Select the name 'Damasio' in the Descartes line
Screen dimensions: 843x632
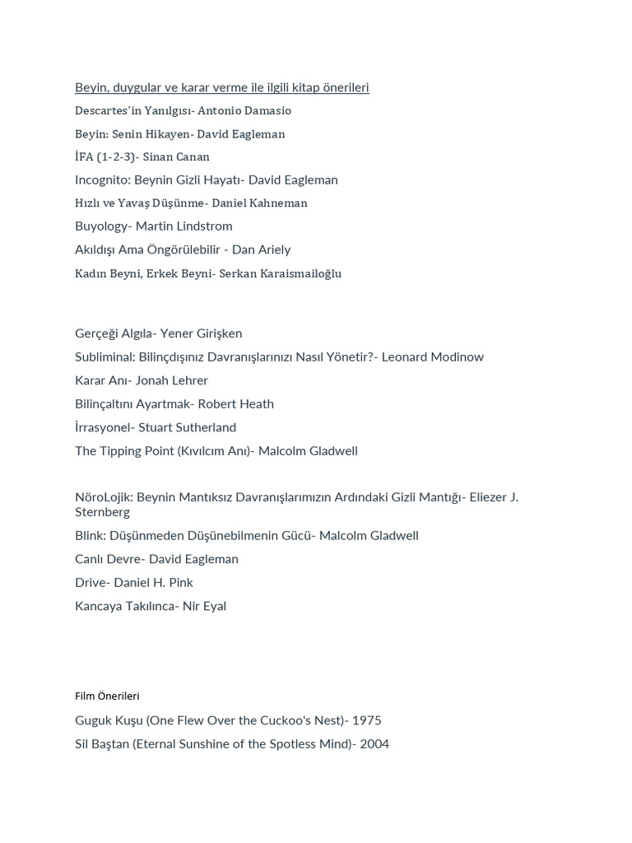point(268,110)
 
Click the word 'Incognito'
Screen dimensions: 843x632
point(102,179)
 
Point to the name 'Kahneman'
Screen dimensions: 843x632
point(279,203)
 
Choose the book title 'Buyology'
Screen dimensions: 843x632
point(101,226)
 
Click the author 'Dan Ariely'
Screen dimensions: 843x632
point(261,249)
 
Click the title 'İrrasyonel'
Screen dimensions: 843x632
point(104,427)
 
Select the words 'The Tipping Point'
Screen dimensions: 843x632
point(123,450)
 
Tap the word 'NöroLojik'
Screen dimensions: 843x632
point(103,497)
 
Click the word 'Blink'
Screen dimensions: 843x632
point(90,535)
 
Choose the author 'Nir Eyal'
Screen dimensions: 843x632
point(204,606)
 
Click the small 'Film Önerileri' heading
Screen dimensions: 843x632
point(107,696)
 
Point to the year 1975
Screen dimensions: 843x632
point(366,720)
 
